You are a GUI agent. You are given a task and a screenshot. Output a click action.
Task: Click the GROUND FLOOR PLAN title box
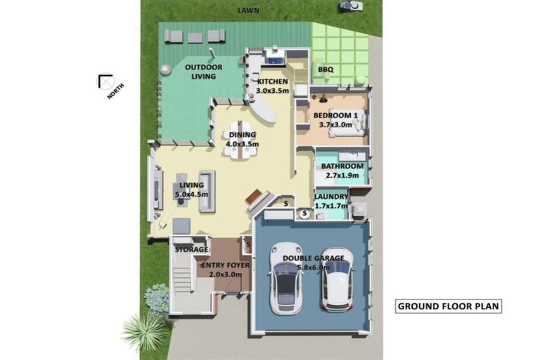click(x=449, y=306)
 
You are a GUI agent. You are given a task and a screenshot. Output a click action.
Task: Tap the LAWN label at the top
click(x=248, y=11)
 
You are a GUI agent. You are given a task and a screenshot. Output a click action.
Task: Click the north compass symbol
click(x=107, y=82)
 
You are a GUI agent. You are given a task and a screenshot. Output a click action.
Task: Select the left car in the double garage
click(x=286, y=278)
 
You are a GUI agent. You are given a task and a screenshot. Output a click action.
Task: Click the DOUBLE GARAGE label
click(x=314, y=262)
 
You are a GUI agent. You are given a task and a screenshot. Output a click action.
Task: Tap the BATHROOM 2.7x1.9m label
click(x=341, y=171)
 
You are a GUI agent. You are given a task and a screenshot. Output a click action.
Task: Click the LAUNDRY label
click(x=330, y=201)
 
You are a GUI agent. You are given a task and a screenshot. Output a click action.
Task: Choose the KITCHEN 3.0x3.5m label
click(x=272, y=86)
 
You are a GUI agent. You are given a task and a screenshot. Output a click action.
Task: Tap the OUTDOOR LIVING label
click(x=204, y=72)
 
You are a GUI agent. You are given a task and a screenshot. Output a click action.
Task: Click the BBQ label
click(x=326, y=70)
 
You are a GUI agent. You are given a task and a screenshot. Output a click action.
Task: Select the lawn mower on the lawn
click(x=349, y=7)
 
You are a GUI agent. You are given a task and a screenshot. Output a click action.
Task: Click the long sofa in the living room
click(x=207, y=191)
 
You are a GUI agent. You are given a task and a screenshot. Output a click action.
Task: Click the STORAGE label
click(x=191, y=250)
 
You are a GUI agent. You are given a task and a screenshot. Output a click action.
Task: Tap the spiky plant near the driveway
click(x=146, y=330)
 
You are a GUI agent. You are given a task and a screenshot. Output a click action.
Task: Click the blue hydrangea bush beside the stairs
click(x=156, y=297)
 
